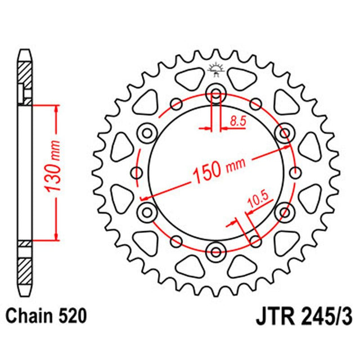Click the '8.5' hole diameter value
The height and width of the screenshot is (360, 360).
(x=236, y=120)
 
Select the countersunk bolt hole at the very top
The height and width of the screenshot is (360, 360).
(x=216, y=93)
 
